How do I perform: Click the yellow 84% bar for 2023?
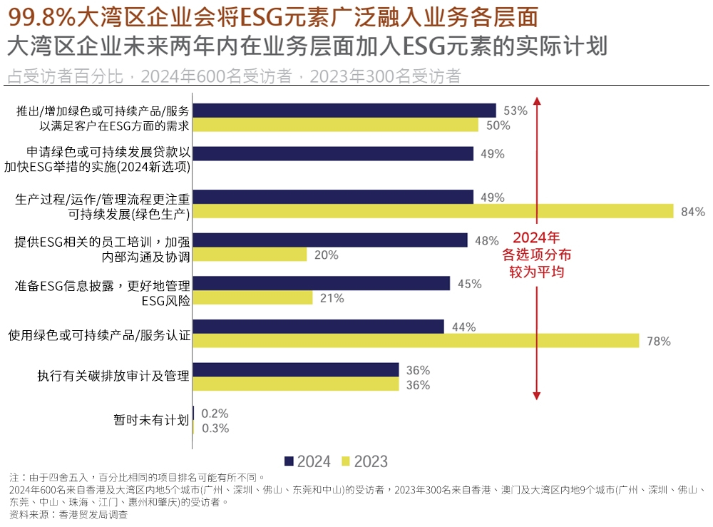433,211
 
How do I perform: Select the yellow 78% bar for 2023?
416,341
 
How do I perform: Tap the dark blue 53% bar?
344,111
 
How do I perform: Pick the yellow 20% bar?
250,255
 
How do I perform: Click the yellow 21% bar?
252,298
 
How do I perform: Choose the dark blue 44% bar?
318,327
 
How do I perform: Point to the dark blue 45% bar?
321,283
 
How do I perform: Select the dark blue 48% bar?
330,240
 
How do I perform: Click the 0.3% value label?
215,429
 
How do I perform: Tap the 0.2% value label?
215,414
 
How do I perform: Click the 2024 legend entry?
307,461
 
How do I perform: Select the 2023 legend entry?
364,461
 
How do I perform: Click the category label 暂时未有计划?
151,420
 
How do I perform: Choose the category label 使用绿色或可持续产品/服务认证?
99,333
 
